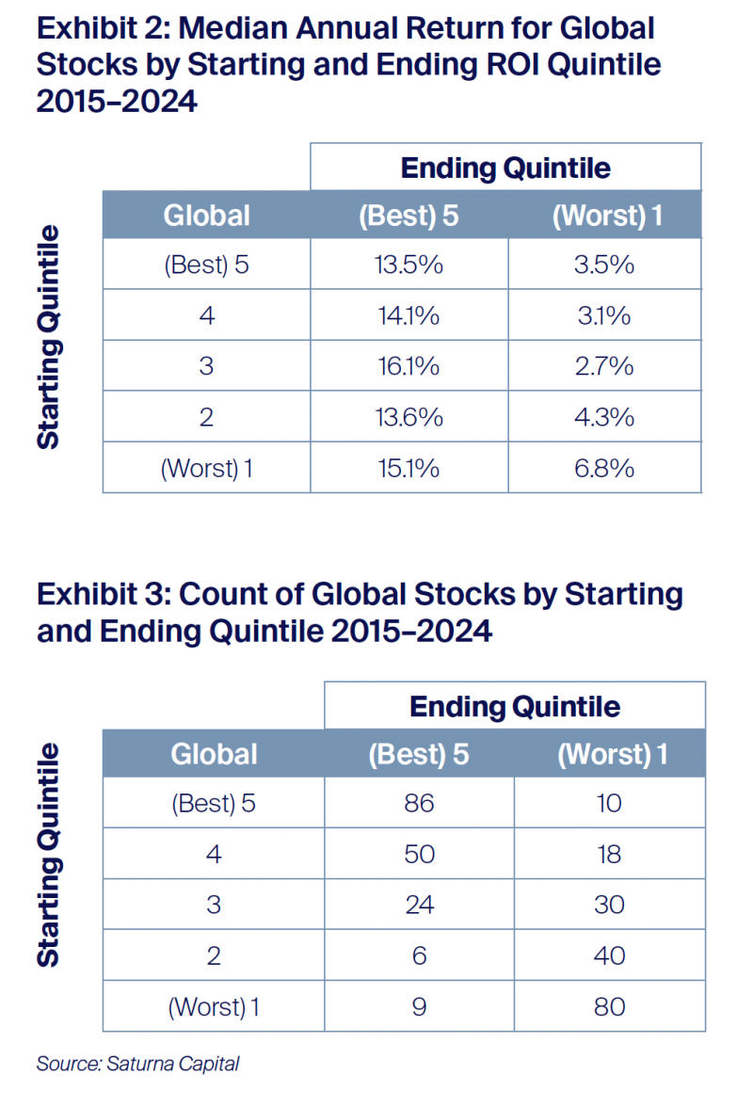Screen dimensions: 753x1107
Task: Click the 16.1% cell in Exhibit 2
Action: [x=409, y=365]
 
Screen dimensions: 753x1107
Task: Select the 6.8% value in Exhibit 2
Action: [x=604, y=467]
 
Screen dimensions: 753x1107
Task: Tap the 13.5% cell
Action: [x=409, y=264]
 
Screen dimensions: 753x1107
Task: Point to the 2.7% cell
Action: [x=604, y=365]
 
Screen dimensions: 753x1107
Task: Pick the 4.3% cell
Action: [x=604, y=416]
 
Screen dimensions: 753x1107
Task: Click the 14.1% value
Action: [x=409, y=314]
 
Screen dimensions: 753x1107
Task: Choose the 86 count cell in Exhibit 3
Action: [x=419, y=803]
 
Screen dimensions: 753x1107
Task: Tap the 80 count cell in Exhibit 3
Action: [x=610, y=1006]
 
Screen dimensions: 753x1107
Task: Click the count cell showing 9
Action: [x=419, y=1006]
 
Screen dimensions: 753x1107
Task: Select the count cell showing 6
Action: [x=419, y=955]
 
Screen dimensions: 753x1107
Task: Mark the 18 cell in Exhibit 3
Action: [x=610, y=854]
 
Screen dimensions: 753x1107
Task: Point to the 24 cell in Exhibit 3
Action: [x=419, y=905]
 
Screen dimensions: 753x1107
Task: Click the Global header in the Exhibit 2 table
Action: [x=207, y=216]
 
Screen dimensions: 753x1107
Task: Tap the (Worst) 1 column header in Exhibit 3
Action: [x=613, y=754]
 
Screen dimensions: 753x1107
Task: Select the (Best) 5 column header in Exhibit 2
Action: [x=409, y=216]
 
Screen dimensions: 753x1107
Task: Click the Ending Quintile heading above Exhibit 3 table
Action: [x=515, y=707]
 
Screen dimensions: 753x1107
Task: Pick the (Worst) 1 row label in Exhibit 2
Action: [x=207, y=468]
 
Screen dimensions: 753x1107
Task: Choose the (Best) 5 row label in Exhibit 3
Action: [x=213, y=804]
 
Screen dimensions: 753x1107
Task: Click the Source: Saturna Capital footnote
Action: [x=137, y=1064]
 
